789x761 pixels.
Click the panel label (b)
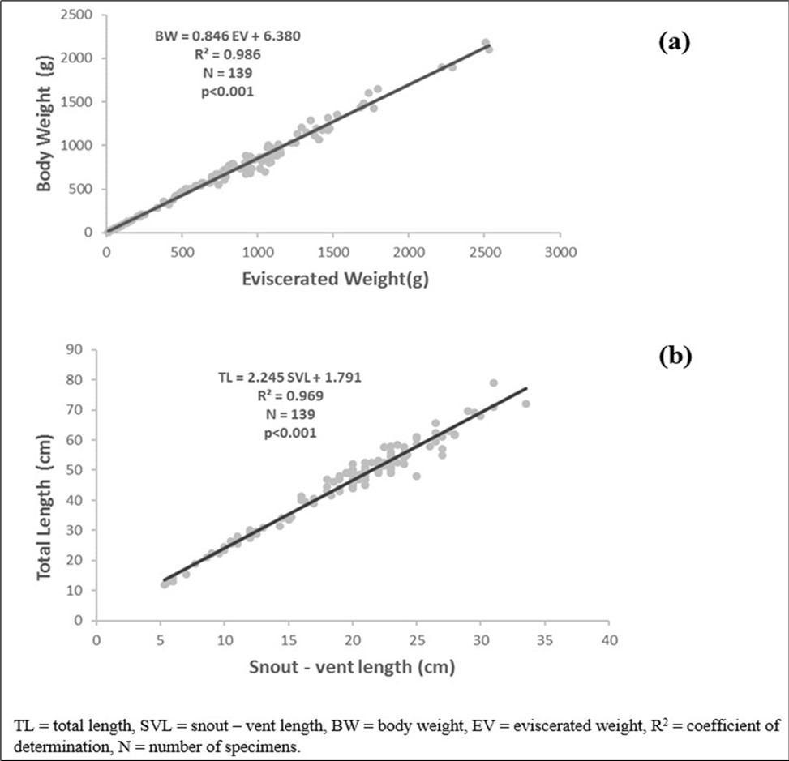[673, 356]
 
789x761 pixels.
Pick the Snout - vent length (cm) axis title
[351, 667]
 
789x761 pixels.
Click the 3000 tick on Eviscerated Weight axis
[559, 252]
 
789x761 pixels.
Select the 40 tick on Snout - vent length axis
[608, 640]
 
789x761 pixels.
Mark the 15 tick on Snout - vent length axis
[288, 640]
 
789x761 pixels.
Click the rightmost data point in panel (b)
[525, 404]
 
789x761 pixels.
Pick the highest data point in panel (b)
[494, 383]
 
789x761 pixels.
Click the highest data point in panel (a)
[486, 42]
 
